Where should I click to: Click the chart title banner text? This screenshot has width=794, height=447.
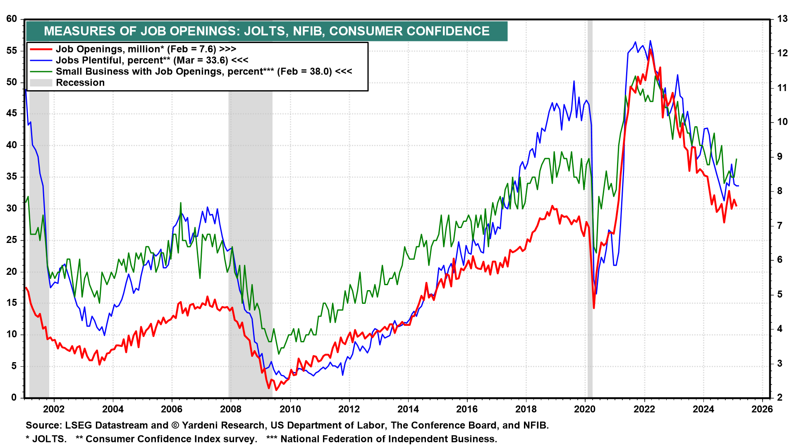(x=267, y=31)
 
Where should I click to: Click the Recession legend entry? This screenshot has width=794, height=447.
(x=80, y=83)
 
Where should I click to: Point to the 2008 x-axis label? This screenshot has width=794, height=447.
(x=231, y=409)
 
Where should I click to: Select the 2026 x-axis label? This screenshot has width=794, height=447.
(x=762, y=409)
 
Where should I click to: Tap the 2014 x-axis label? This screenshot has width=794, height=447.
(x=408, y=409)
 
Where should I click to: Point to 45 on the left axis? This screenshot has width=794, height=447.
(x=12, y=113)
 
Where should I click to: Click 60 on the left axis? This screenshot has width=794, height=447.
(x=12, y=19)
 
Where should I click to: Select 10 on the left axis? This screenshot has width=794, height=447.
(x=12, y=334)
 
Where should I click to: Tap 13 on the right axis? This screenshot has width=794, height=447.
(x=782, y=19)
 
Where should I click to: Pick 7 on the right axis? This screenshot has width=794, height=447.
(x=780, y=226)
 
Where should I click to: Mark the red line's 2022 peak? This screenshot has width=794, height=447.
(x=651, y=49)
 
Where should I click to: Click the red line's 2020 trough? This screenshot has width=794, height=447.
(x=594, y=308)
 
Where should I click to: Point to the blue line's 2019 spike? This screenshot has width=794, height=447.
(x=574, y=81)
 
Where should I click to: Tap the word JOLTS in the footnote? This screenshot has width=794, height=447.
(x=49, y=439)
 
